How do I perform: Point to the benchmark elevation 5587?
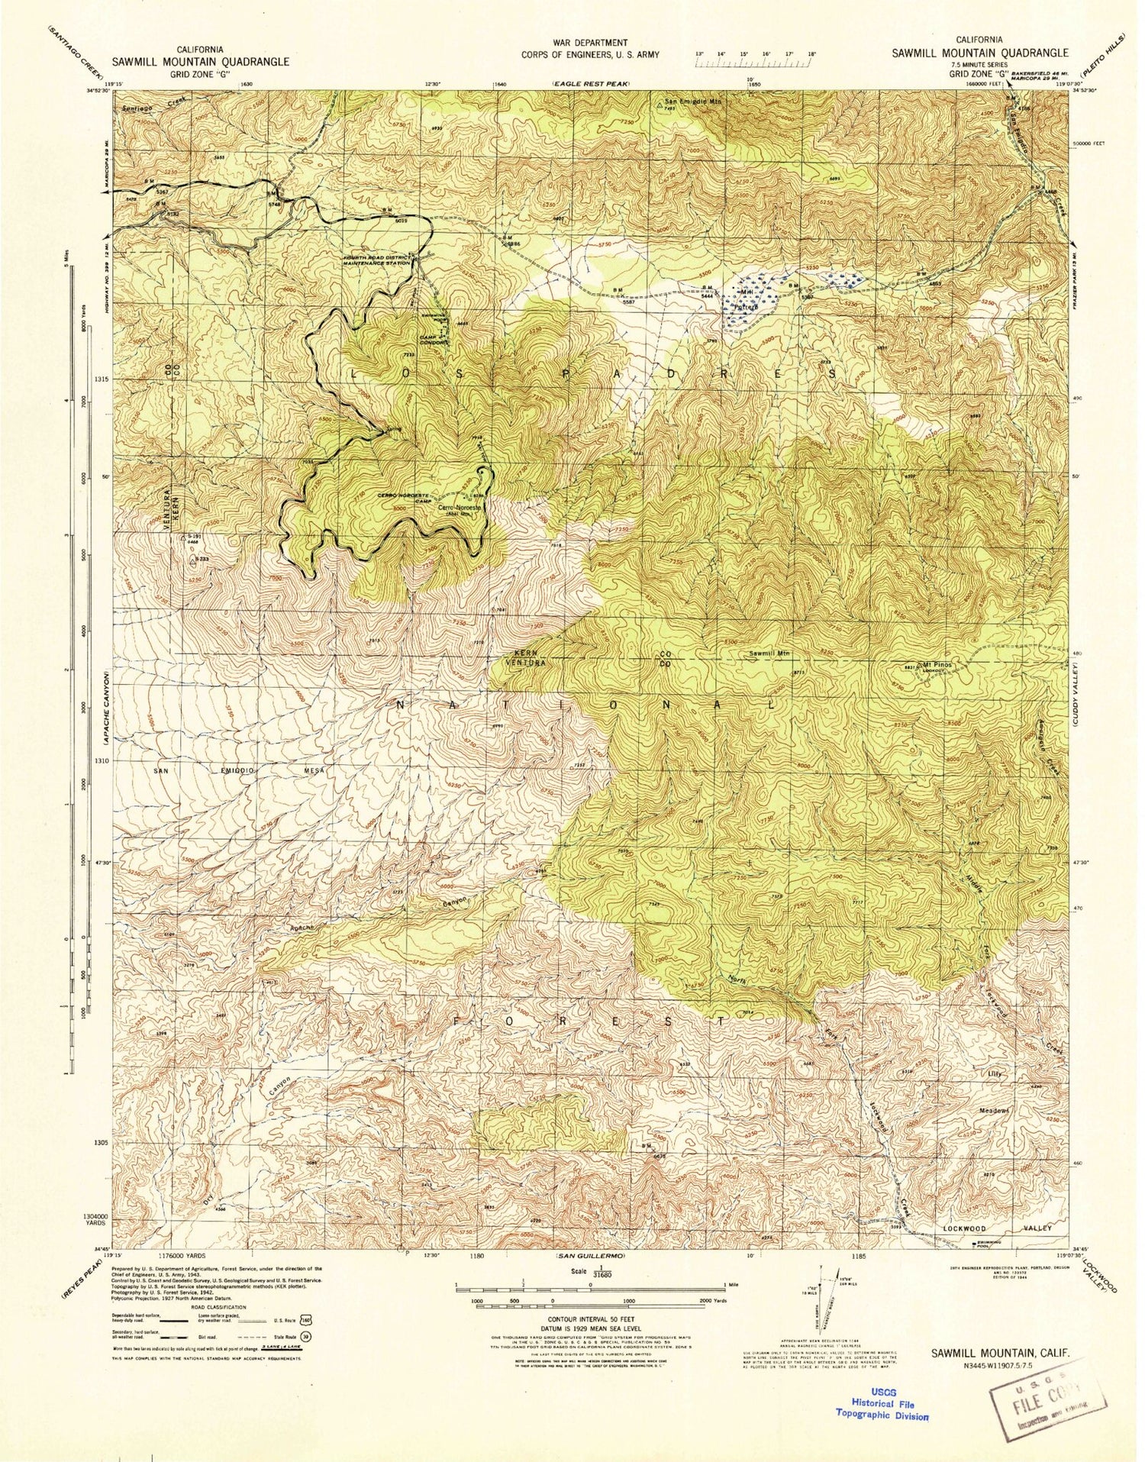point(628,302)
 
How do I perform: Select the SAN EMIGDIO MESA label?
point(240,771)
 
